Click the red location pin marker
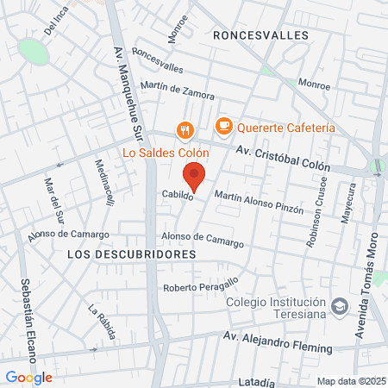click(x=195, y=175)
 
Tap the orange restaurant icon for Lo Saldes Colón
click(x=184, y=131)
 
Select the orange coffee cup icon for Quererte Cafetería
click(x=224, y=127)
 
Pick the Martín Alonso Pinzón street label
click(x=259, y=203)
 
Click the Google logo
click(x=28, y=377)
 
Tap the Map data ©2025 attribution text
click(x=349, y=381)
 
